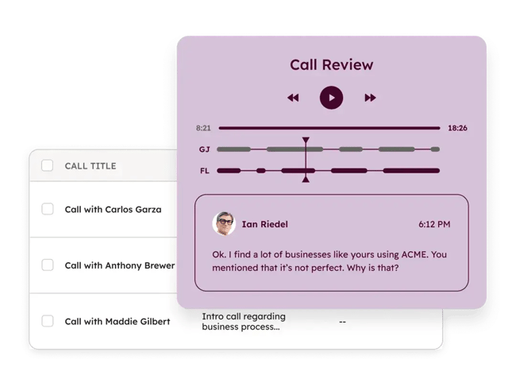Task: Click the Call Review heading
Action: pos(331,64)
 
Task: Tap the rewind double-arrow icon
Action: pos(293,98)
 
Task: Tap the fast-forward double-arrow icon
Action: pos(370,98)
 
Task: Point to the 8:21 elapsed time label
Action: pos(203,128)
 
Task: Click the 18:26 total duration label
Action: pos(457,128)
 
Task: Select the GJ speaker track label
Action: pos(204,149)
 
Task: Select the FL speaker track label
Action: pos(204,171)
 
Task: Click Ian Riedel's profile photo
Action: pos(224,224)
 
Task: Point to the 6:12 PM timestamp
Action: pos(434,225)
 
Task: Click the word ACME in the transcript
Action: pos(415,255)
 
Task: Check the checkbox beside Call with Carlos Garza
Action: pos(48,209)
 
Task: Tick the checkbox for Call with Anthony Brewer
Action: pos(48,265)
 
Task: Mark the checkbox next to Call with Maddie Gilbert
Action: pos(48,321)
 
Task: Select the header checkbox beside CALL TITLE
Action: pos(48,165)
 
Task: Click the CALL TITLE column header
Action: pos(90,166)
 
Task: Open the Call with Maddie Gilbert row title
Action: pos(117,322)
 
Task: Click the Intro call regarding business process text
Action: pos(243,321)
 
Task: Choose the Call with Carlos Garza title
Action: pos(113,210)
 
